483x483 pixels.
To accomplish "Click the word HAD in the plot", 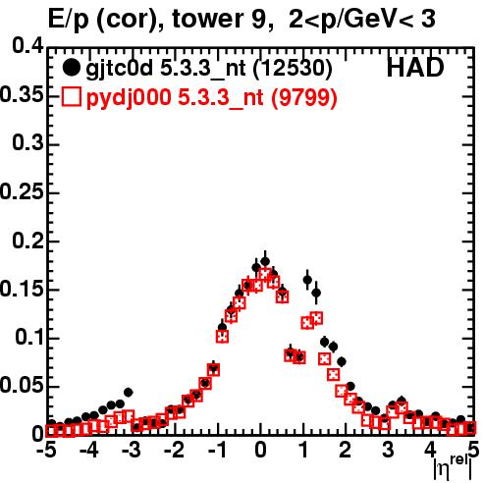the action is coord(415,68).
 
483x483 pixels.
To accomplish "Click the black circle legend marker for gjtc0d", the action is coord(71,68).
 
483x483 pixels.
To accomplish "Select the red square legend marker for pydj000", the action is coord(71,96).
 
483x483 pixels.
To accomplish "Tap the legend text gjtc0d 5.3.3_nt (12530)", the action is coord(209,69).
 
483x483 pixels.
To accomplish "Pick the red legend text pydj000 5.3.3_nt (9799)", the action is coord(211,97).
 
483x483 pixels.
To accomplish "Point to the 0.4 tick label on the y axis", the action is coord(27,45).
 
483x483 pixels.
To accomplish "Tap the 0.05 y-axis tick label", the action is coord(22,385).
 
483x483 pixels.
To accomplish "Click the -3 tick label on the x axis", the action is coord(131,450).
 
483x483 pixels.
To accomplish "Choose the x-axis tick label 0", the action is coord(260,450).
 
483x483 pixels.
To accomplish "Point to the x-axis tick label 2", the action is coord(346,450).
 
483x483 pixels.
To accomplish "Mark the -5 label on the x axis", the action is coord(46,450).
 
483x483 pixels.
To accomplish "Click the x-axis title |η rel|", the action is coord(453,467).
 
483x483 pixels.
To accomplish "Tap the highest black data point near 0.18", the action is coord(265,261).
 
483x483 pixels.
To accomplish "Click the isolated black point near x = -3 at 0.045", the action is coord(128,392).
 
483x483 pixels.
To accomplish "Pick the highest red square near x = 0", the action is coord(265,274).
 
